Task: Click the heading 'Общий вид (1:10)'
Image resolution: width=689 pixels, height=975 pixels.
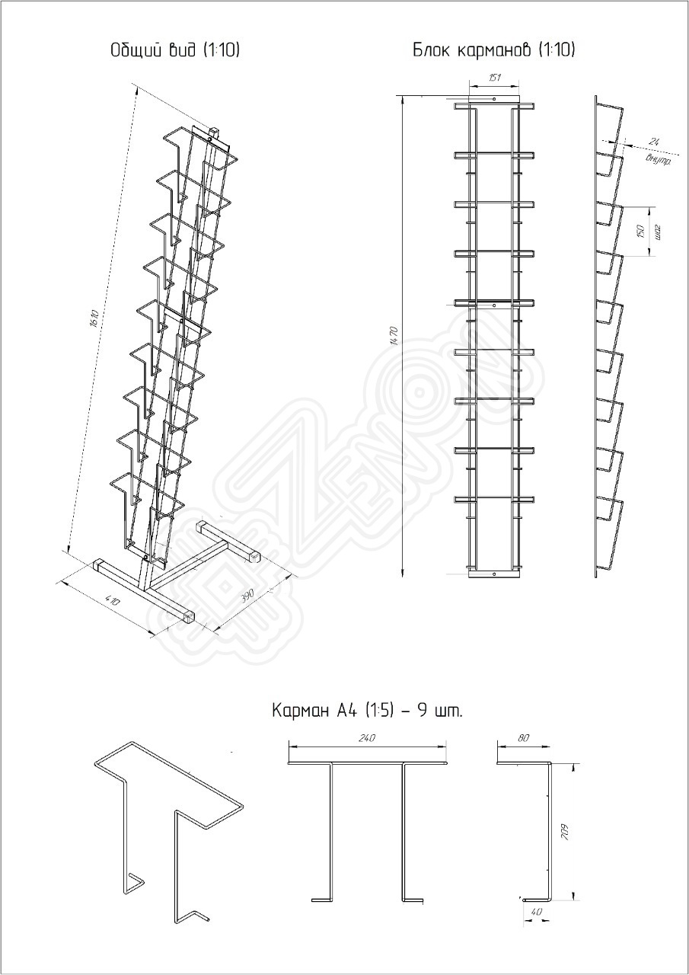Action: tap(175, 51)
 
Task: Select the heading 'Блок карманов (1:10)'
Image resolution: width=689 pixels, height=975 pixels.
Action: tap(493, 51)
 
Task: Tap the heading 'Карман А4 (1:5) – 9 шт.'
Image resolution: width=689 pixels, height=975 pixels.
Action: tap(368, 711)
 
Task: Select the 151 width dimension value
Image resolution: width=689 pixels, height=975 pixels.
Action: tap(494, 78)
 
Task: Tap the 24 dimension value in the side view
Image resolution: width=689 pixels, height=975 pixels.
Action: tap(653, 142)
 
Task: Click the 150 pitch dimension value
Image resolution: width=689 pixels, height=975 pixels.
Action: tap(640, 231)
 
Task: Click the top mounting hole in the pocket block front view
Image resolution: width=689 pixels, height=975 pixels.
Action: tap(495, 99)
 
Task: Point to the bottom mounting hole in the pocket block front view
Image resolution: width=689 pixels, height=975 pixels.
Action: tap(495, 574)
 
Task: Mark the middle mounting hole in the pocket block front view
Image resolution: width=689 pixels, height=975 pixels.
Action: tap(495, 305)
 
